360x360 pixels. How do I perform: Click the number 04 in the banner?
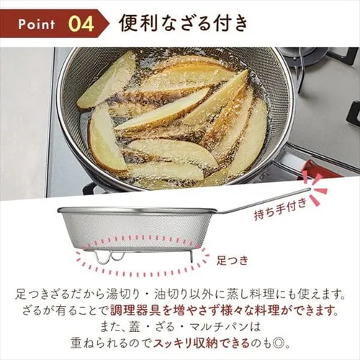click(81, 24)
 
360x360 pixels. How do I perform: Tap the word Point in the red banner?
click(37, 24)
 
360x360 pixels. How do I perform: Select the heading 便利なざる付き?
click(184, 24)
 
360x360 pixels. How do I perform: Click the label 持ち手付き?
click(281, 209)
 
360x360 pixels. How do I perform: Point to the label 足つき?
click(232, 260)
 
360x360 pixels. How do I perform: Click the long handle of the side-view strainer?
click(264, 201)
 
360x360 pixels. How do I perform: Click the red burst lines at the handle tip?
click(314, 189)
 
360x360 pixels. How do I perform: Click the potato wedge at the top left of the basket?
click(106, 81)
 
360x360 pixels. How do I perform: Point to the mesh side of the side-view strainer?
click(135, 228)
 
